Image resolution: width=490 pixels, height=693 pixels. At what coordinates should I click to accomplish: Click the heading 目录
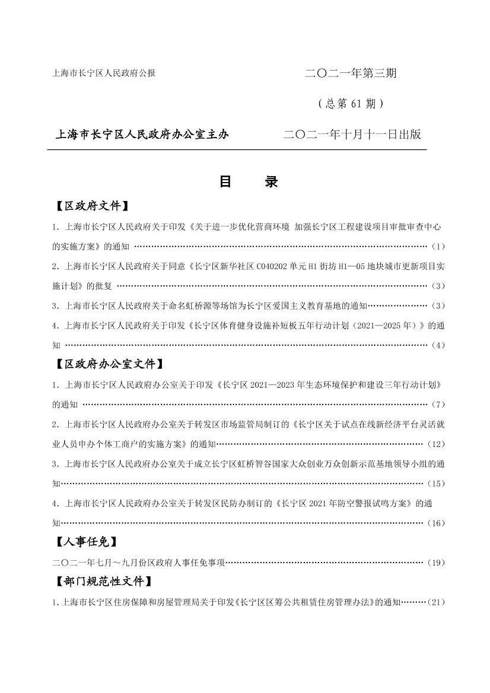[249, 182]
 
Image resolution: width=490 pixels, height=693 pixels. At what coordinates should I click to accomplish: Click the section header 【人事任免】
[84, 541]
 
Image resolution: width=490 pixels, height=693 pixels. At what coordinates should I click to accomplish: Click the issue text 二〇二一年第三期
[351, 74]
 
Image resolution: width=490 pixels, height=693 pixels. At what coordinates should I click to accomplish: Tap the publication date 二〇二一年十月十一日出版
[352, 135]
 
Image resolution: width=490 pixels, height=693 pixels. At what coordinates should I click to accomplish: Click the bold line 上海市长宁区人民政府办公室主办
[142, 135]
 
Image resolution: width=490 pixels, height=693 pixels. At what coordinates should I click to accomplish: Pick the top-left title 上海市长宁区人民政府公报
[104, 74]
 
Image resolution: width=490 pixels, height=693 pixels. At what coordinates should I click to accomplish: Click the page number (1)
[438, 246]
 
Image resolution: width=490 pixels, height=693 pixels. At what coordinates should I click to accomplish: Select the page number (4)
[438, 345]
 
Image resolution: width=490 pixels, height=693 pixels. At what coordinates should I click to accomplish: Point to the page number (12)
[435, 444]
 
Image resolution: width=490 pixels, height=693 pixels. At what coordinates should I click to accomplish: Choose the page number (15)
[435, 484]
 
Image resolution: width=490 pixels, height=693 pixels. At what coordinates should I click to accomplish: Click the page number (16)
[435, 523]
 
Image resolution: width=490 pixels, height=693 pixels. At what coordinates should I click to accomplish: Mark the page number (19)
[435, 563]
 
